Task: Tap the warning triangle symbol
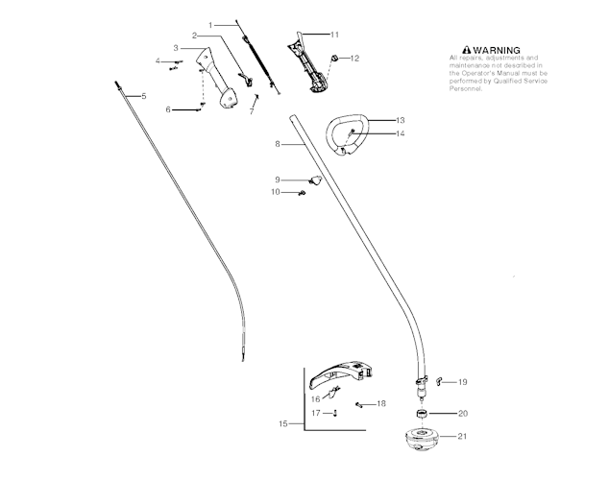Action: coord(467,49)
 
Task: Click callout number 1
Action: coord(209,23)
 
